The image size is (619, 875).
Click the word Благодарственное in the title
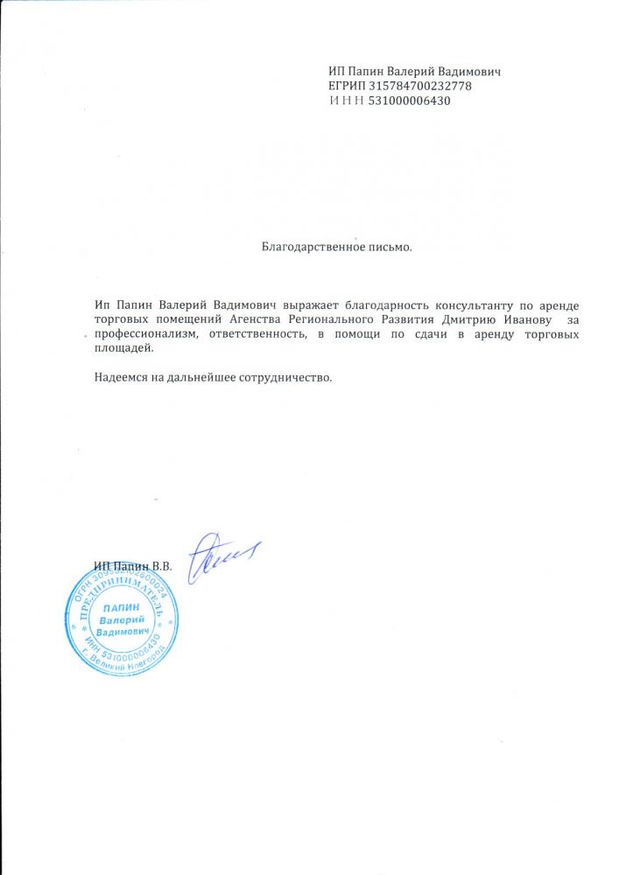(x=307, y=247)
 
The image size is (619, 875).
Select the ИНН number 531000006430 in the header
(x=410, y=101)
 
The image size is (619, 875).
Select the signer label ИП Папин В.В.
(x=133, y=567)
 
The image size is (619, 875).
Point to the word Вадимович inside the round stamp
(x=122, y=631)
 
